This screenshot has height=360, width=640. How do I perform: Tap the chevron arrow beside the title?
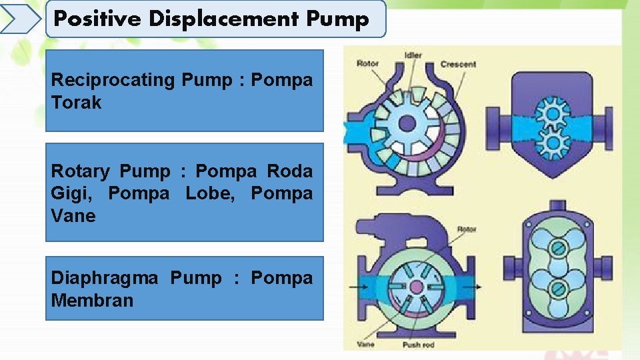point(21,19)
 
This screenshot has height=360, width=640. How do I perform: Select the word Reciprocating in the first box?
point(113,80)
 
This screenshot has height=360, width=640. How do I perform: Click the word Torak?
point(76,102)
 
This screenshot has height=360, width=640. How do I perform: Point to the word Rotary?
point(80,172)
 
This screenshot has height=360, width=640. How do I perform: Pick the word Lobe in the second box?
point(210,193)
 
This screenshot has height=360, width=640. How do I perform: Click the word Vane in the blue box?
point(73,215)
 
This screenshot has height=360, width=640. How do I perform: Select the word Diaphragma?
point(105,279)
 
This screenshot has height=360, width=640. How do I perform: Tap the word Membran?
point(92,301)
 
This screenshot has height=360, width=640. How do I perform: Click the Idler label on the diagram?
point(413,55)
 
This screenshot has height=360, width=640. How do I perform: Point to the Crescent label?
point(458,64)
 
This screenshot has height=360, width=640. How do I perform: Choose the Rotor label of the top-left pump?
point(367,63)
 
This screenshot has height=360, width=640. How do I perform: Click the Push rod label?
point(419,345)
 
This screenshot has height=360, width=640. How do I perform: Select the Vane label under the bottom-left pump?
point(365,344)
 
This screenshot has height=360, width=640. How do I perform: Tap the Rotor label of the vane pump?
point(467,229)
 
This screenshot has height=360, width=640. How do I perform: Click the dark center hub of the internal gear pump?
point(407,123)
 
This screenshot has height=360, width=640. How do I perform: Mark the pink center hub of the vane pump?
point(416,287)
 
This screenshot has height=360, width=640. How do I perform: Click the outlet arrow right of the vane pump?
point(472,287)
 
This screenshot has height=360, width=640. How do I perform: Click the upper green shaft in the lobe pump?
point(557,247)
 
